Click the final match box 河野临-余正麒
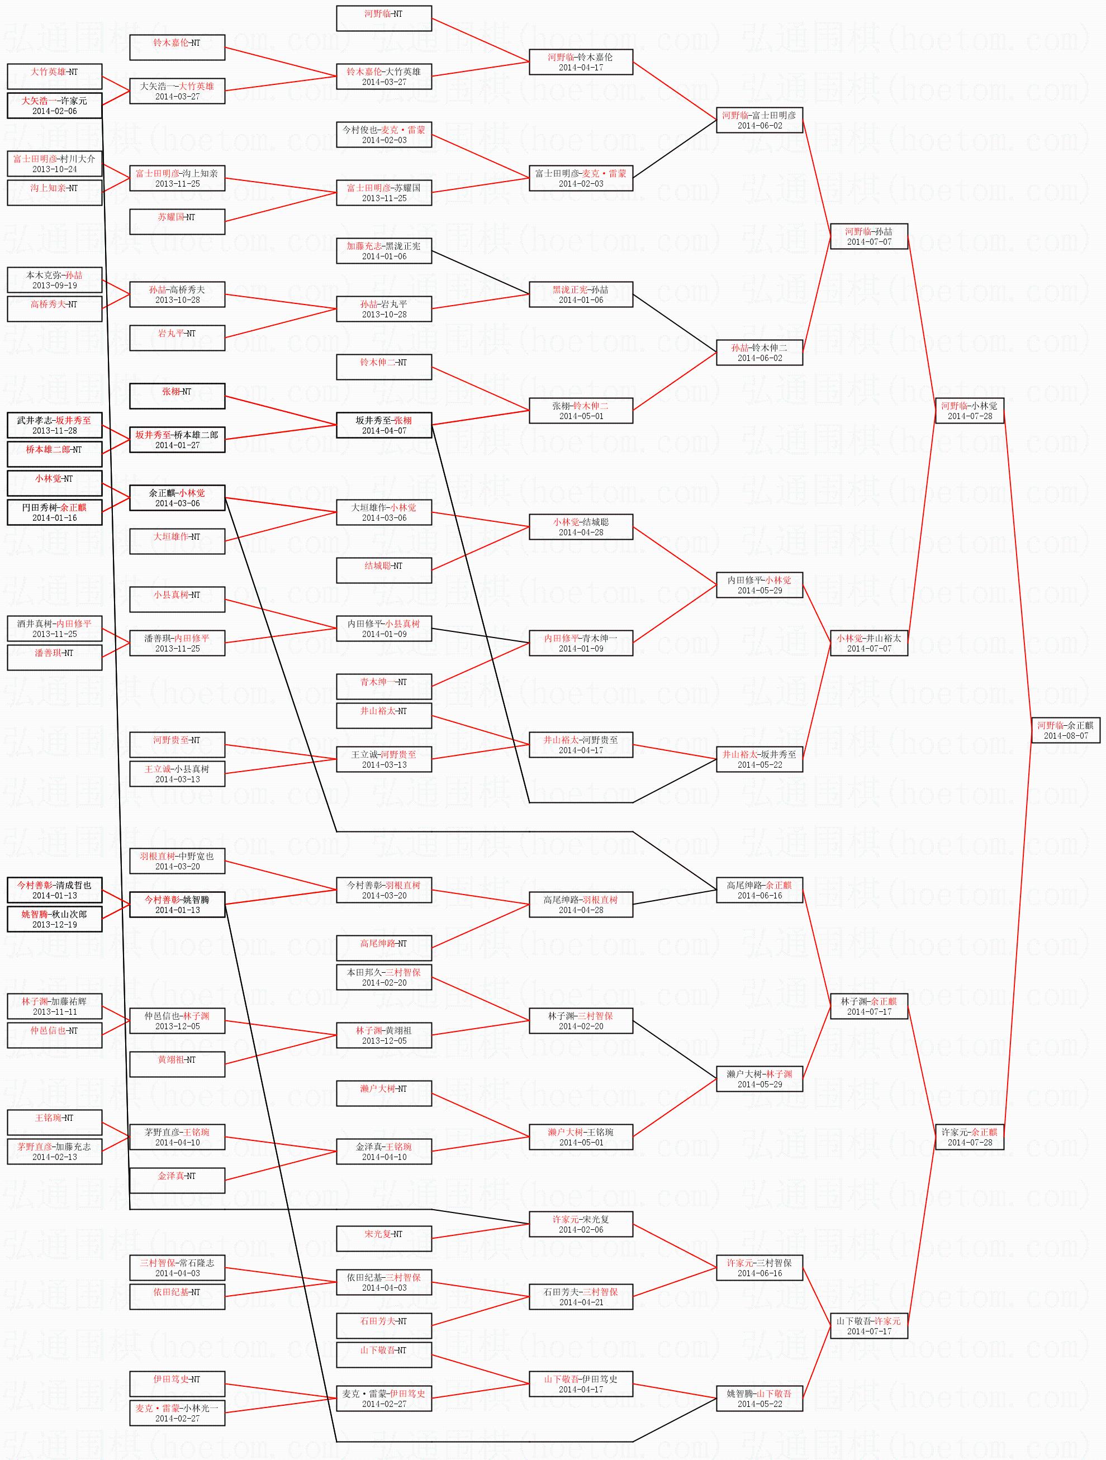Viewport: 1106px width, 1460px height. tap(1066, 730)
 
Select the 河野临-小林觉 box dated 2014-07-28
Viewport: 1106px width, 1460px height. tap(969, 411)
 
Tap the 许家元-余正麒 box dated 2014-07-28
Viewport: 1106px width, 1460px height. tap(969, 1136)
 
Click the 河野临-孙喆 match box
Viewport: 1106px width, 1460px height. tap(868, 236)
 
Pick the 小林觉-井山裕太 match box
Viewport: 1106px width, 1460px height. tap(868, 643)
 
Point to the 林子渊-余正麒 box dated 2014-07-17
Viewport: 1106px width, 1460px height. tap(868, 1006)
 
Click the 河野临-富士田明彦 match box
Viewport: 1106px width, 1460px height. tap(760, 120)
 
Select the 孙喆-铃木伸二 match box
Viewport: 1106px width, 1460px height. tap(760, 353)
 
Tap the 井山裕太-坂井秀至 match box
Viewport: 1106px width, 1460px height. tap(760, 759)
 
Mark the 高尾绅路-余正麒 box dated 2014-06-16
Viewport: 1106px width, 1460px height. tap(760, 890)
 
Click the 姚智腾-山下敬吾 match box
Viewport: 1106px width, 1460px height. tap(760, 1398)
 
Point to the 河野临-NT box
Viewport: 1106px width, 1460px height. tap(383, 18)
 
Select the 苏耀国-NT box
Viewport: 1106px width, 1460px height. tap(177, 222)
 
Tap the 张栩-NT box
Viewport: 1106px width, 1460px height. tap(177, 396)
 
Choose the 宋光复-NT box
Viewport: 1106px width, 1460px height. tap(383, 1238)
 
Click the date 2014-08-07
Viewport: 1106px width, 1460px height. tap(1066, 736)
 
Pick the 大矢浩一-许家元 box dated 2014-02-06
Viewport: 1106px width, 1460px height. tap(54, 106)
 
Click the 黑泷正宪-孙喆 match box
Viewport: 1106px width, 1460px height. tap(581, 294)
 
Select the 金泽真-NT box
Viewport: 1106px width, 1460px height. tap(177, 1180)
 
